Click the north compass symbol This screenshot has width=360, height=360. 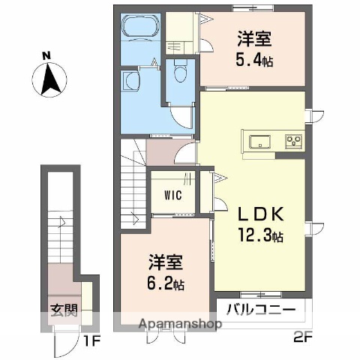[49, 79]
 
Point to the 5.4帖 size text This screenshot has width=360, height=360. [255, 60]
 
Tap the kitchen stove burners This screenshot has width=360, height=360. [292, 140]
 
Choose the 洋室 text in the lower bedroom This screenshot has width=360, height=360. [166, 265]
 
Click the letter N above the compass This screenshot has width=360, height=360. [46, 55]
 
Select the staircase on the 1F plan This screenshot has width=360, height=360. [64, 225]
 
